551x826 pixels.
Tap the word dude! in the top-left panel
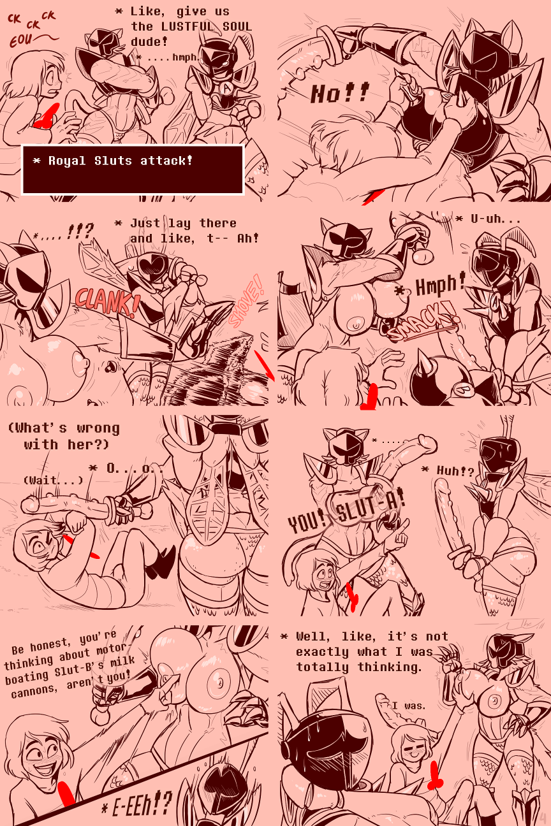coord(149,42)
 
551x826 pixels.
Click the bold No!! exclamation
coord(339,94)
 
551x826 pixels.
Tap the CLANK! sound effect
coord(107,301)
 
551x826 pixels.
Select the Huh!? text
coord(455,471)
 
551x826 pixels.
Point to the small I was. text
coord(409,706)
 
